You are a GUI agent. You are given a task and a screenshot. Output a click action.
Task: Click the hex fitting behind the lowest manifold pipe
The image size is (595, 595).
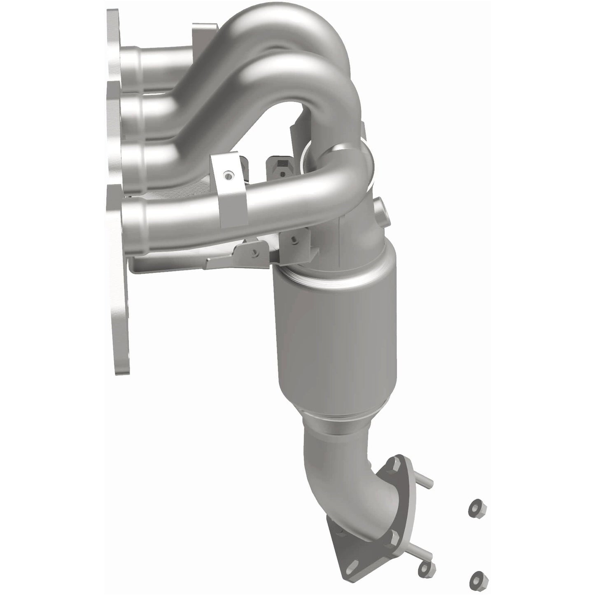[x=280, y=165]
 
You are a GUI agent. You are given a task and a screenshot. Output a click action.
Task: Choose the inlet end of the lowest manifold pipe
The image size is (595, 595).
[x=136, y=214]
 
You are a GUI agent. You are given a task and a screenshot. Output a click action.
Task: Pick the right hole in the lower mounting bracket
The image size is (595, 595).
[x=294, y=238]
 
